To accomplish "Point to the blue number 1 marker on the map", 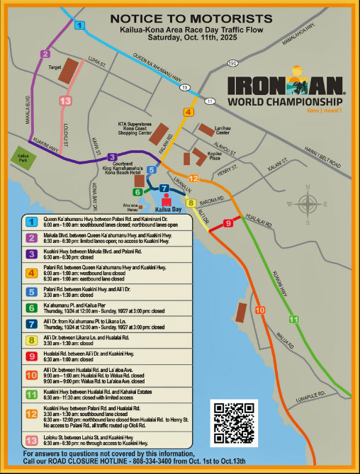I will point(79,26).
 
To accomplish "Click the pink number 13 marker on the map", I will point(65,101).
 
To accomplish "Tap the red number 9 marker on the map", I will point(227,223).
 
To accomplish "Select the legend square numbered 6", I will point(31,307).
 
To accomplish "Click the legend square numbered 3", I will point(31,253).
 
